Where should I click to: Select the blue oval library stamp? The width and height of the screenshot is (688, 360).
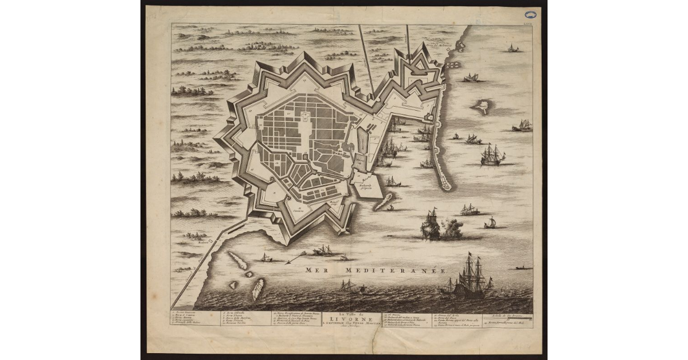click(x=529, y=15)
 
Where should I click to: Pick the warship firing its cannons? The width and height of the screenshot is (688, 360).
click(x=431, y=225)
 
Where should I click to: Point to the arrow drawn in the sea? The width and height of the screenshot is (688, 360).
click(x=297, y=256)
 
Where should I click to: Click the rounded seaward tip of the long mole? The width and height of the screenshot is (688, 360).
click(x=445, y=185)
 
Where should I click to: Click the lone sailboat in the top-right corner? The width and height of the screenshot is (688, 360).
click(x=512, y=48)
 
